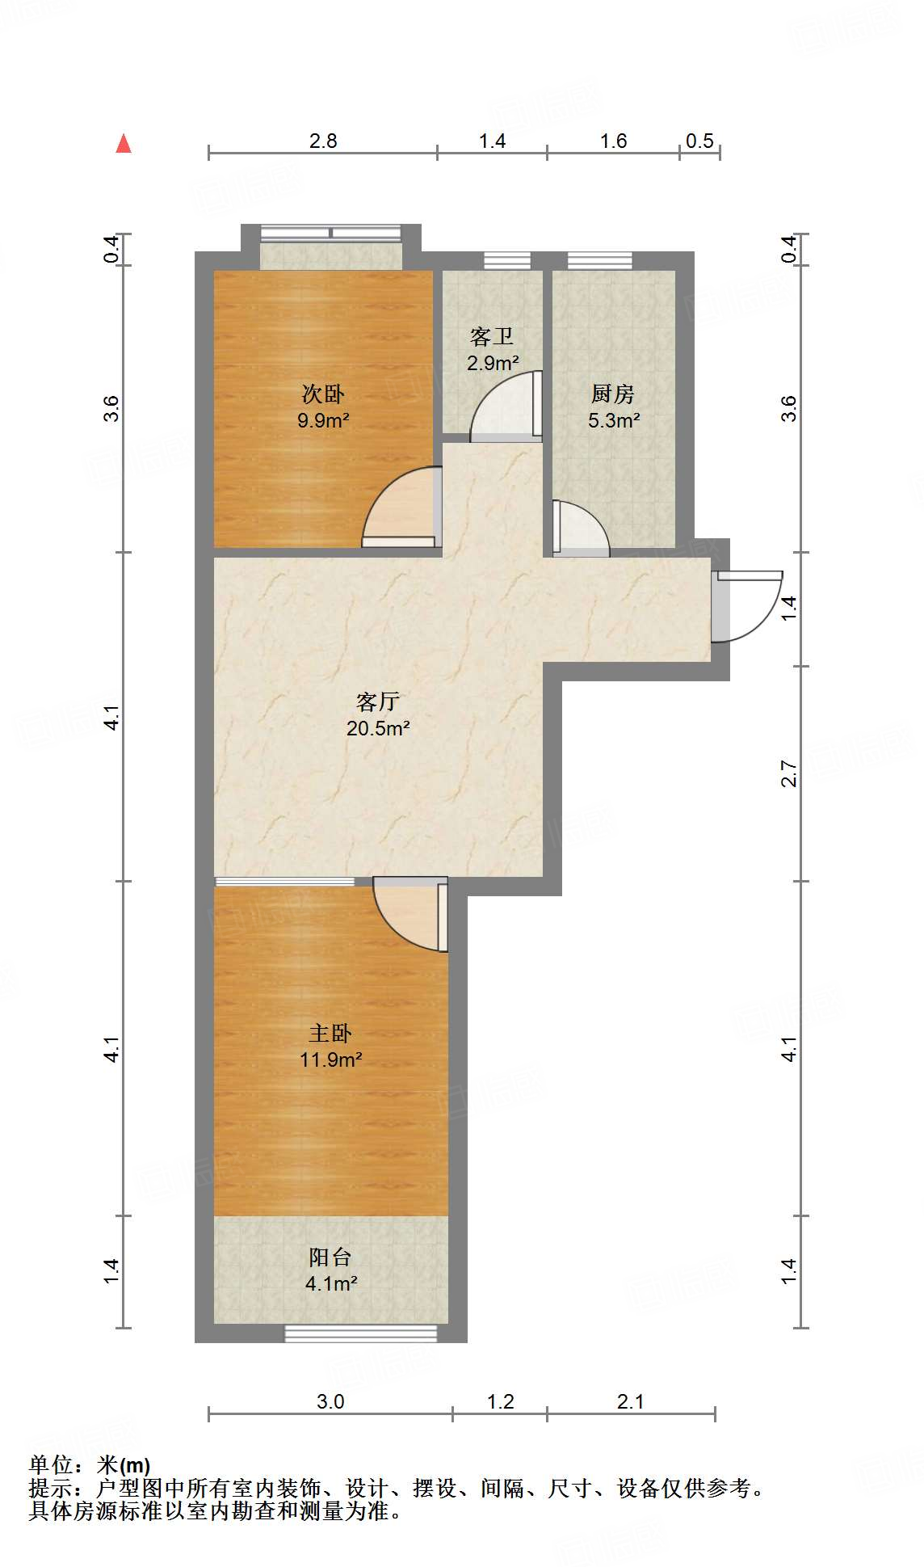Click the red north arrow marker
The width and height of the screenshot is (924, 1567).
[124, 144]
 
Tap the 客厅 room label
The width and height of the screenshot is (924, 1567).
[378, 701]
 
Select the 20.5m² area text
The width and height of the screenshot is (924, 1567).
[378, 728]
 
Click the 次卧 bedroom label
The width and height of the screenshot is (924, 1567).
[323, 394]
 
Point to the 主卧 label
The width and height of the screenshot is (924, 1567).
[330, 1033]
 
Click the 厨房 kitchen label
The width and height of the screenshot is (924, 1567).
[613, 394]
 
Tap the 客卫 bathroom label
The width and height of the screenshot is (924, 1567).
[492, 336]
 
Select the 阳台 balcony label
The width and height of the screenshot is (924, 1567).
[330, 1257]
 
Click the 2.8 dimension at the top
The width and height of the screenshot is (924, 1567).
[323, 141]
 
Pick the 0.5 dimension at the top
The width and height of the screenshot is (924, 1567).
[699, 141]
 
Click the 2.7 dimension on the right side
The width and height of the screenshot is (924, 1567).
[789, 774]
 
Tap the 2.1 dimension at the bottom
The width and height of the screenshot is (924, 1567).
[631, 1401]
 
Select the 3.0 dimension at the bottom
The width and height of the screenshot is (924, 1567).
[330, 1401]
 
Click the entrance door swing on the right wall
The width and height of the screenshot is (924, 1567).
[747, 606]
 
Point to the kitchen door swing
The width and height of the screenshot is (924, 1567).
[580, 530]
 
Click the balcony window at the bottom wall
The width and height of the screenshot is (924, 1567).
[360, 1333]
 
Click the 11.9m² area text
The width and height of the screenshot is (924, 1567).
[330, 1059]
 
